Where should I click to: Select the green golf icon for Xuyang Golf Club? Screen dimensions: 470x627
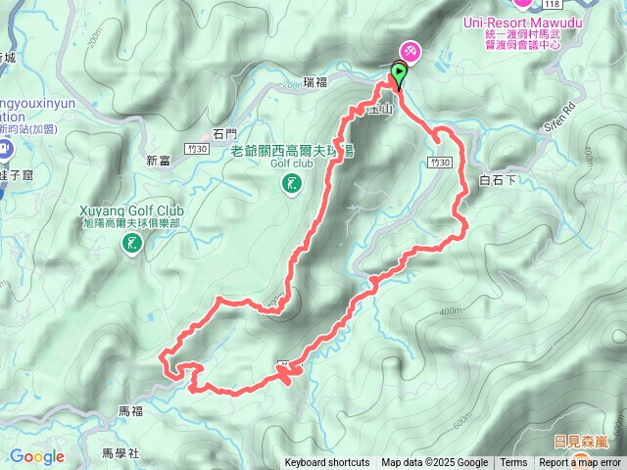coord(130,246)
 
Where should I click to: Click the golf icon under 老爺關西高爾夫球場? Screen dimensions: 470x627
coord(291,184)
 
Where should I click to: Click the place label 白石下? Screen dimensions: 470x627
coord(496,180)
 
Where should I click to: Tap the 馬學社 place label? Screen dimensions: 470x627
coord(121,453)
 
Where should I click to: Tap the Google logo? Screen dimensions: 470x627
coord(37,456)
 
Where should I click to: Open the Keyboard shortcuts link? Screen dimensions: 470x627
coord(327,463)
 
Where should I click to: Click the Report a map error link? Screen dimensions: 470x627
coord(580,463)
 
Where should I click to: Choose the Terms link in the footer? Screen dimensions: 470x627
coord(513,463)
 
